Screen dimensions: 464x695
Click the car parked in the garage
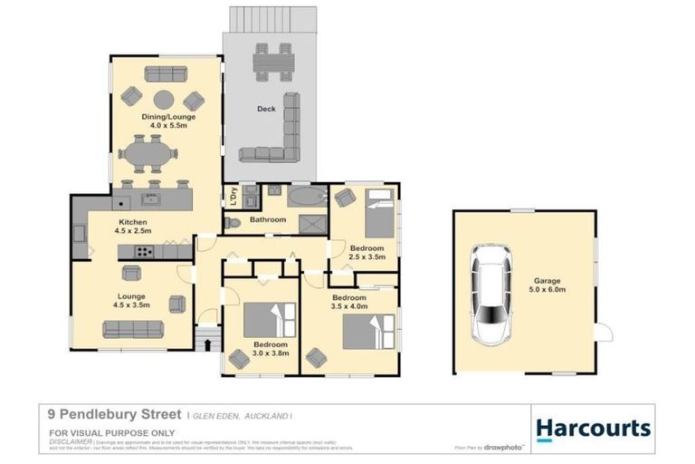coord(492,298)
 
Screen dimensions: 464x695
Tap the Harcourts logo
coord(593,428)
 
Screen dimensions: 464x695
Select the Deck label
coord(266,109)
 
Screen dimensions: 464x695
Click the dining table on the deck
coord(273,62)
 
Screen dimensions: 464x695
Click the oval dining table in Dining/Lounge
coord(148,154)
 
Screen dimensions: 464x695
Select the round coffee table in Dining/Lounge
coord(163,99)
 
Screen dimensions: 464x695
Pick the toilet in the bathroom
coord(233,221)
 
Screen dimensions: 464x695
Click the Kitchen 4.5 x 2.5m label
coord(133,227)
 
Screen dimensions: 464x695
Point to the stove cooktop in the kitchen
coord(143,251)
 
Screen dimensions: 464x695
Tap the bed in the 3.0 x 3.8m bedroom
coord(269,319)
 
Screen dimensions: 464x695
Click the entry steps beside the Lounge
coord(207,340)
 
